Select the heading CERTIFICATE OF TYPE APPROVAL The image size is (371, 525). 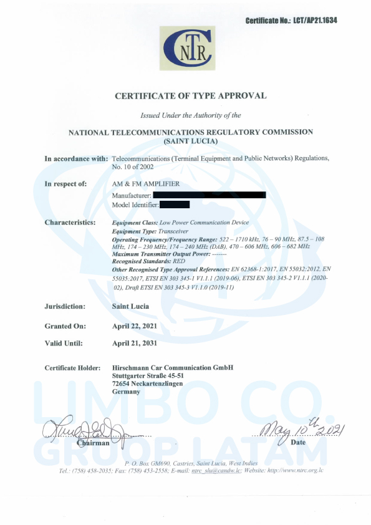click(191, 96)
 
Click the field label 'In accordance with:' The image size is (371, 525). click(76, 159)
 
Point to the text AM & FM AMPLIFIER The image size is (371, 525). click(146, 184)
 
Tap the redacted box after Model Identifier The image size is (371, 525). click(175, 204)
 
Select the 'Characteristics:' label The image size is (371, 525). click(70, 223)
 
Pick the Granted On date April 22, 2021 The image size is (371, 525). click(134, 326)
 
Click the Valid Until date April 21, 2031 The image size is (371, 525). click(134, 343)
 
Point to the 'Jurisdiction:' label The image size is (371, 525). click(65, 307)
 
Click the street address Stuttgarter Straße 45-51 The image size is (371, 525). click(148, 376)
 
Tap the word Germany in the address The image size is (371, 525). click(126, 392)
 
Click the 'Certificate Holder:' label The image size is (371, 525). click(72, 368)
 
